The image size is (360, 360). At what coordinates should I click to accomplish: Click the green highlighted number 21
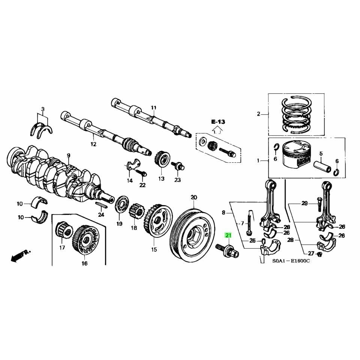[228, 235]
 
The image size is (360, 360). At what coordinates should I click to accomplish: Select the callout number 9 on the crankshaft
[69, 155]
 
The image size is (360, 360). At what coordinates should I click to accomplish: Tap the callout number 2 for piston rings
[258, 114]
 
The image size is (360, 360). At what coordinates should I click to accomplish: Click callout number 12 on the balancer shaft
[93, 144]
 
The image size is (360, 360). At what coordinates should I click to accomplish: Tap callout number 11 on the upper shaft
[153, 108]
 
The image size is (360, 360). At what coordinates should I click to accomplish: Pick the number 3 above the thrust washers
[43, 109]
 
